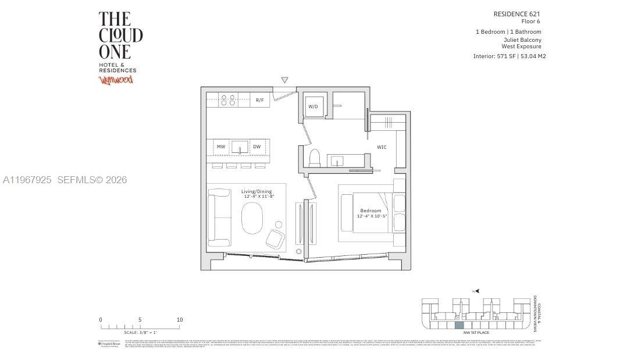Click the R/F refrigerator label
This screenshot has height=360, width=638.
click(259, 100)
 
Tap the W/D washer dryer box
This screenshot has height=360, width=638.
click(313, 106)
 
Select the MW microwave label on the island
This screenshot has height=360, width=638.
click(221, 147)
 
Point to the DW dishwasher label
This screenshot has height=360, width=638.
click(256, 147)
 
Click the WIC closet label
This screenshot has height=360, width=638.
click(382, 147)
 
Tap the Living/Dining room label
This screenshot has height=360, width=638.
click(256, 191)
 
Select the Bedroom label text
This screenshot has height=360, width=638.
click(370, 211)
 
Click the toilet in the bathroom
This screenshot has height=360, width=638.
click(315, 158)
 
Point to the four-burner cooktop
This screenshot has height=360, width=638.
click(228, 100)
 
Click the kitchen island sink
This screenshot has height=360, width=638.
click(239, 147)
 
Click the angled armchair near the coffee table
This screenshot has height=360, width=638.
click(275, 238)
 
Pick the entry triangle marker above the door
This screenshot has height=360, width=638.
click(284, 80)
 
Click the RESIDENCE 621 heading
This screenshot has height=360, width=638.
click(516, 14)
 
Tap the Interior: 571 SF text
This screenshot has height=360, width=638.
click(494, 56)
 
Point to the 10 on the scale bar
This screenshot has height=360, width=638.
click(180, 320)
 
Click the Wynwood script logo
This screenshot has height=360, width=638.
click(116, 80)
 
